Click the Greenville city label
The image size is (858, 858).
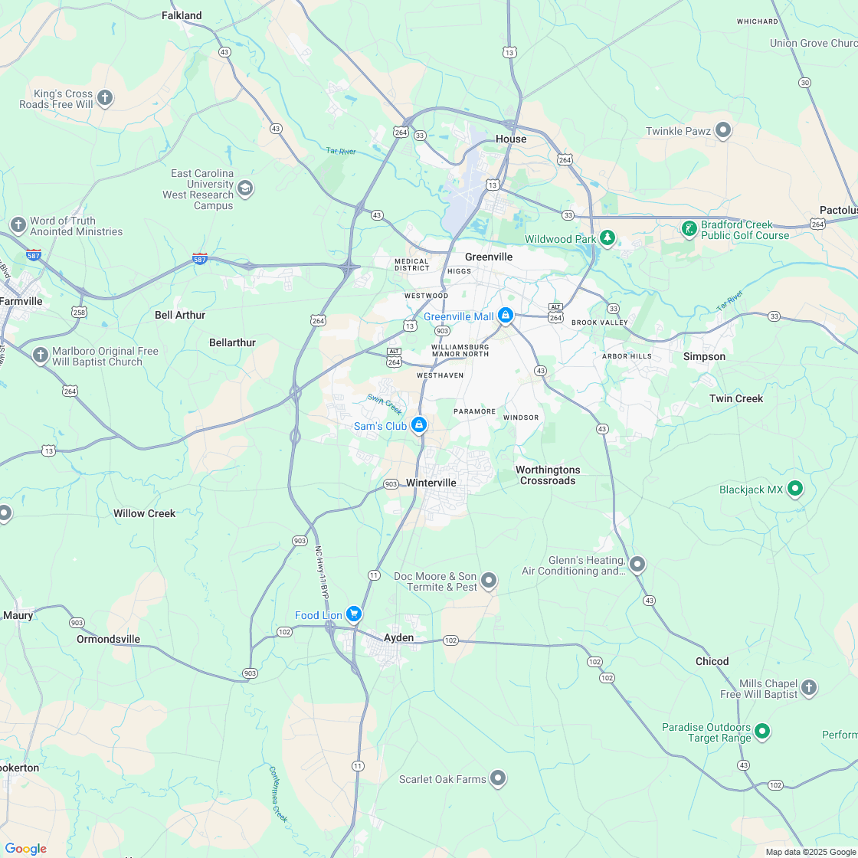pos(489,257)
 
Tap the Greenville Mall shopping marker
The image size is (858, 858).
pos(506,315)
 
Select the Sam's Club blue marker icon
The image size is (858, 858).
pos(419,424)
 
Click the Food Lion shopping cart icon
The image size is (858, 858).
pos(353,614)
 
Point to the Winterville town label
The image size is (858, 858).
pos(431,483)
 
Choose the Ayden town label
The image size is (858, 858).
pos(398,637)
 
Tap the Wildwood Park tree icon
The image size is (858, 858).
pos(607,237)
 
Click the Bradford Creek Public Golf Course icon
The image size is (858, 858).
pos(689,228)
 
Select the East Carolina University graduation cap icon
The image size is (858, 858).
pos(245,188)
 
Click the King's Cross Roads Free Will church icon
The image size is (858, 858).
pos(105,97)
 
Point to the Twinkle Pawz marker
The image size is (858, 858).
pos(722,129)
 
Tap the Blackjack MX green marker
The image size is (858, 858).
pos(795,487)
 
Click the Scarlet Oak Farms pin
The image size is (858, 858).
pos(498,778)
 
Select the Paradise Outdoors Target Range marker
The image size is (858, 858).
pos(761,731)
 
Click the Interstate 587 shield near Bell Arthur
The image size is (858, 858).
pos(200,260)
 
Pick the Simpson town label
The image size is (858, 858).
pos(704,356)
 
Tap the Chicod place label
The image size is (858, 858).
pos(712,661)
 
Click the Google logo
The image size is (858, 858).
pos(25,848)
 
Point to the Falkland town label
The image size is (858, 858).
pos(182,15)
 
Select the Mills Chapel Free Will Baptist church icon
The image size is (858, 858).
pos(809,687)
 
